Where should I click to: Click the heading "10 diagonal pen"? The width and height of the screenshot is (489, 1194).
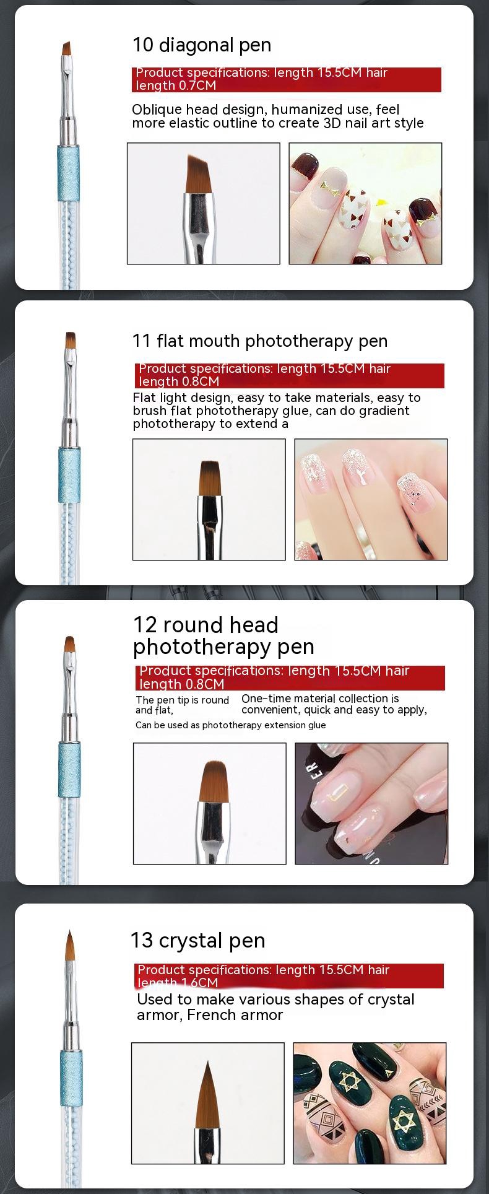pos(202,45)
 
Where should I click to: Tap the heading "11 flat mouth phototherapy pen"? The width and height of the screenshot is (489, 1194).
pos(260,341)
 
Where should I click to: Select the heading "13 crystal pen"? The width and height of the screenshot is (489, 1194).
pos(198,940)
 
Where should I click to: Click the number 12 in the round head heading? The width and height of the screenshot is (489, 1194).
pos(145,625)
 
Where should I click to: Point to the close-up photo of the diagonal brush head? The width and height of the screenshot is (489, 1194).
pos(204,204)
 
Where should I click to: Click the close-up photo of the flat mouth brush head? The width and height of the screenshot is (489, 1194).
pos(209,499)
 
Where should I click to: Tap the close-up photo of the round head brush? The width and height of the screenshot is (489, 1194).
pos(210,803)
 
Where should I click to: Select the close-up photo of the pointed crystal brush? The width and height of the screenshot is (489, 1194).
pos(208,1103)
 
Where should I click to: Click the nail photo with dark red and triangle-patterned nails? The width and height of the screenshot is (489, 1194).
pos(366,204)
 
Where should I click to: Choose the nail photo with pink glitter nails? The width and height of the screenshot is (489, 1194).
pos(371,499)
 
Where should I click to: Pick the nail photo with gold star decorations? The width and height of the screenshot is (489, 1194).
pos(370,1103)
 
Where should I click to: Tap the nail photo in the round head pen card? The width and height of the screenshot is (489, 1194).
pos(371,803)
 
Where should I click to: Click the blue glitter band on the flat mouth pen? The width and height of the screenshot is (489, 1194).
pos(69,474)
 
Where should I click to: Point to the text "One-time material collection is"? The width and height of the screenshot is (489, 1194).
pos(320,699)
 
